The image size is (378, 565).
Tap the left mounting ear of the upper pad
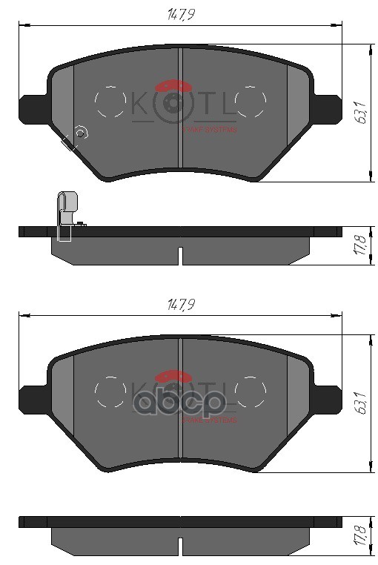pyautogui.click(x=33, y=109)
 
